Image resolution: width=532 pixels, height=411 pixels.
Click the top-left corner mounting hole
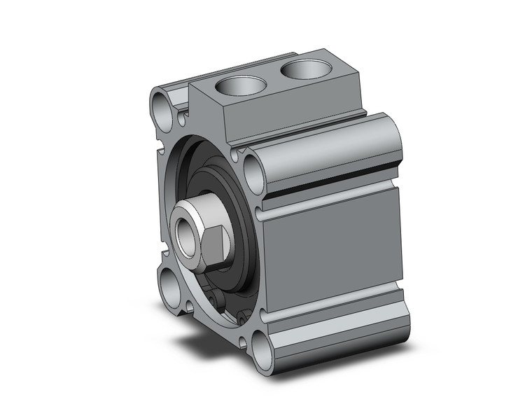(x=162, y=108)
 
